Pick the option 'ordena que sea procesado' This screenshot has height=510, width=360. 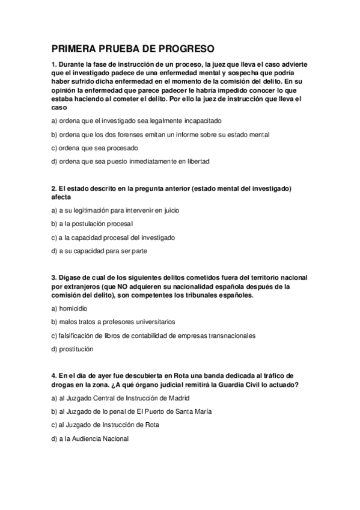(95, 148)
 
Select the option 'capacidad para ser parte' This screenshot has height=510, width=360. (99, 251)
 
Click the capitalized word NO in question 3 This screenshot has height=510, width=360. (124, 287)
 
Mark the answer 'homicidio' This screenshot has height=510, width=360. (69, 308)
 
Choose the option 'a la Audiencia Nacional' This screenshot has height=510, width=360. (90, 438)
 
